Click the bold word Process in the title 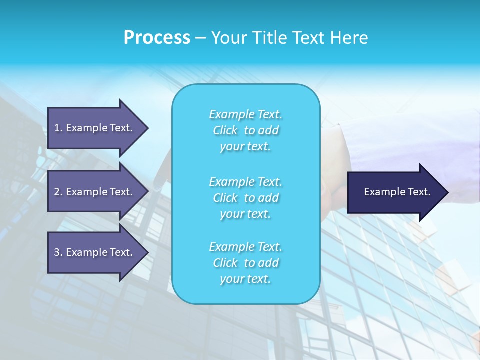[x=157, y=37]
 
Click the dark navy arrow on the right [x=395, y=192]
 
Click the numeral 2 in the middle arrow [x=57, y=192]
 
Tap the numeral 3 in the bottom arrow [x=57, y=252]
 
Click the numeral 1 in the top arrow [x=57, y=128]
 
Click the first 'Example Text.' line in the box [x=245, y=114]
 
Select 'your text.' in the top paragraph [x=245, y=146]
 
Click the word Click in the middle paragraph [x=225, y=198]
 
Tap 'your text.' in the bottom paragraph [x=245, y=279]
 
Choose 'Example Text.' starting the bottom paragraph [x=245, y=247]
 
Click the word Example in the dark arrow [x=381, y=192]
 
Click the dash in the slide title [x=201, y=38]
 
